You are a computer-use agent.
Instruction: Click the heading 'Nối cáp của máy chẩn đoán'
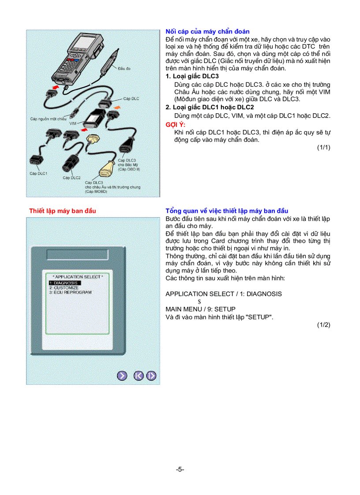point(207,32)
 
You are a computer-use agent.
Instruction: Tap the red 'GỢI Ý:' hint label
point(174,125)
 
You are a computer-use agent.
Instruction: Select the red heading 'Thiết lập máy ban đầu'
point(62,211)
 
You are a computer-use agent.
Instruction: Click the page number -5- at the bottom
point(180,469)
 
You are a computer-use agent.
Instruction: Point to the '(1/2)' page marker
point(323,325)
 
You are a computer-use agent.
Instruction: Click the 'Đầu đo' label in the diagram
point(124,69)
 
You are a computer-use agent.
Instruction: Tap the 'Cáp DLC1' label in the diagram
point(38,174)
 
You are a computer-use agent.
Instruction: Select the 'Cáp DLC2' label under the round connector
point(71,178)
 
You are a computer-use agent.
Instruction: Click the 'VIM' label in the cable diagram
point(73,124)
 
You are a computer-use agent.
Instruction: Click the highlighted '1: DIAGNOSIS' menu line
point(65,283)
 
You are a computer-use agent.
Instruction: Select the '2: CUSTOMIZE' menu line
point(64,288)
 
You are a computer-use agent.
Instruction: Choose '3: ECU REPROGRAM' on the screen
point(70,292)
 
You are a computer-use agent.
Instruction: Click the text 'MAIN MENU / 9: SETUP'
point(200,309)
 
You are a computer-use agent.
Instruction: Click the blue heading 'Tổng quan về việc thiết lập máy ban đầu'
point(227,211)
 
